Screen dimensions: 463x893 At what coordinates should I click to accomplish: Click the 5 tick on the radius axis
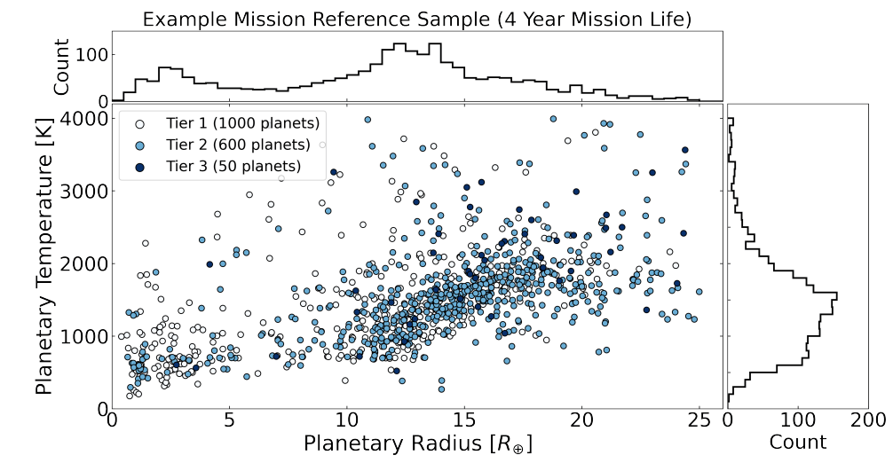tap(229, 420)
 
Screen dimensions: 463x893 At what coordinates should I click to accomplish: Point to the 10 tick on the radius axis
tap(346, 420)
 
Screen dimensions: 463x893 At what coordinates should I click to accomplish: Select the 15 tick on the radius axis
tap(464, 420)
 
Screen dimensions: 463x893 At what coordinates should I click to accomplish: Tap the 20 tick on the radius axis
tap(581, 420)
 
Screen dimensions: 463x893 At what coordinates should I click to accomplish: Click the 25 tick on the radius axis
tap(699, 420)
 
